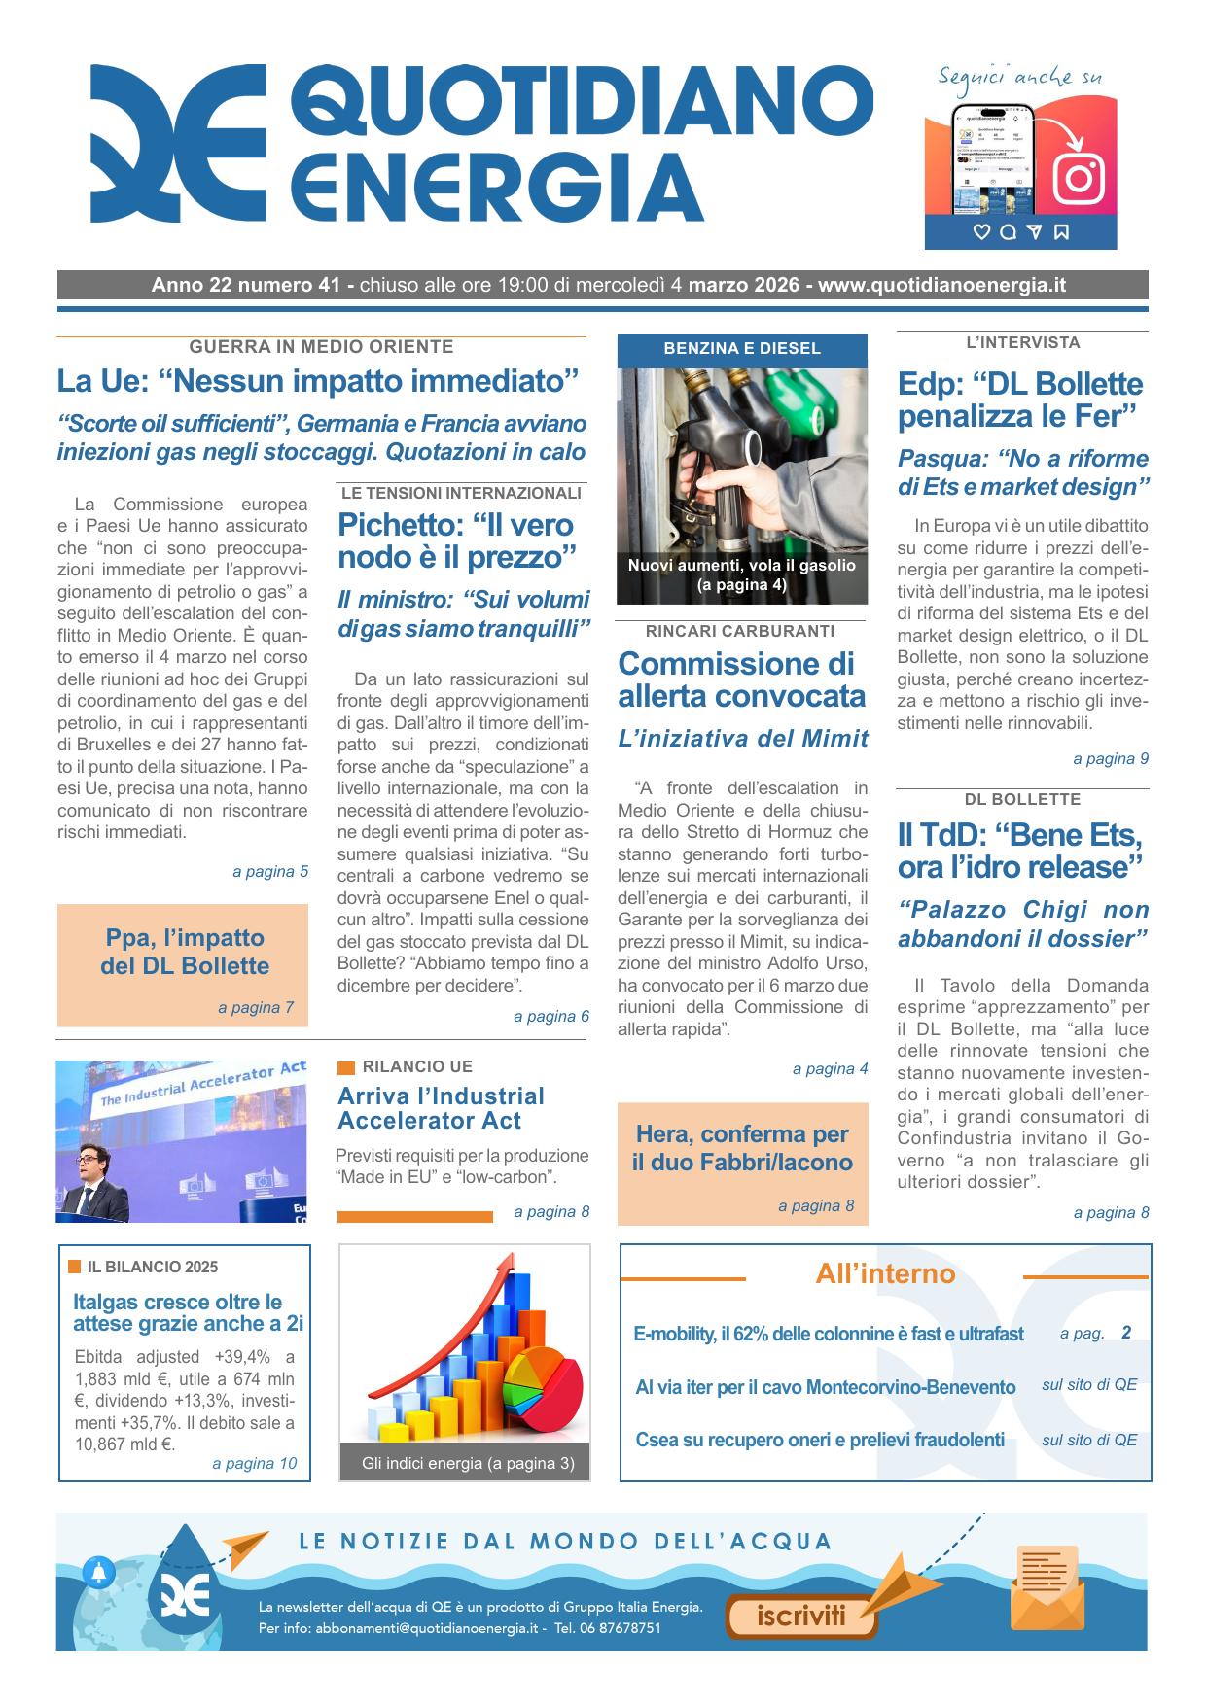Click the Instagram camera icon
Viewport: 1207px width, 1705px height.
[1078, 179]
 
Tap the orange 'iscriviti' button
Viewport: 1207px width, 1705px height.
[801, 1616]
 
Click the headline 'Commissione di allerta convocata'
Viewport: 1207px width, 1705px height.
[741, 679]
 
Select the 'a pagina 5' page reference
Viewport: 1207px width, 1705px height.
[270, 872]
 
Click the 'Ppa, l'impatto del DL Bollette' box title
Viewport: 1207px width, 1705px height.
[184, 952]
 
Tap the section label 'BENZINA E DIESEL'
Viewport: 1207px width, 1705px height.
[742, 348]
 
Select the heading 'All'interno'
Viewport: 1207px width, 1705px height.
[885, 1273]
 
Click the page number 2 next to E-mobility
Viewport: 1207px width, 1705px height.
[1126, 1333]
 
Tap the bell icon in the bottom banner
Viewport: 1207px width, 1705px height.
[99, 1571]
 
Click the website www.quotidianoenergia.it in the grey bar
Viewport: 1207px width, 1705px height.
[941, 285]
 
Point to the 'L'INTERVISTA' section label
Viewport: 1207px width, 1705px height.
[1022, 342]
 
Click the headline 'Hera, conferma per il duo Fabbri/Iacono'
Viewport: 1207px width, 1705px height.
[742, 1148]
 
